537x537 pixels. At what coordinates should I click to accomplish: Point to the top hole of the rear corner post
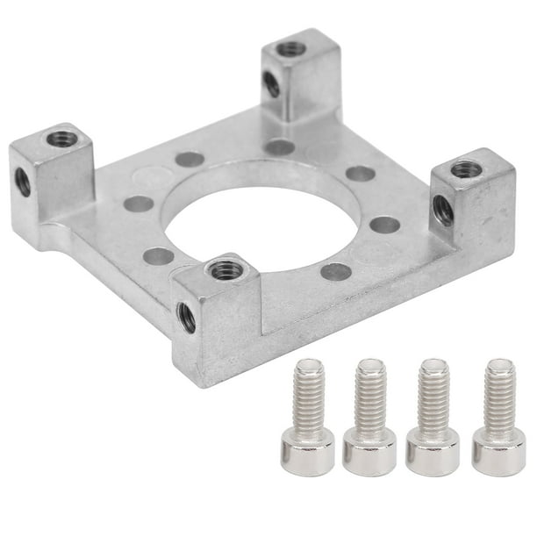289,48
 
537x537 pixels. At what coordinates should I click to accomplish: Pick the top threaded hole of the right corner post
462,168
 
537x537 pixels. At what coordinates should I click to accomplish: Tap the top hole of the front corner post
226,269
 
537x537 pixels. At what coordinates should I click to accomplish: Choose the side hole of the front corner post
187,317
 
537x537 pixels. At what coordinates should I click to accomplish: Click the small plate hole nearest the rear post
279,147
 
